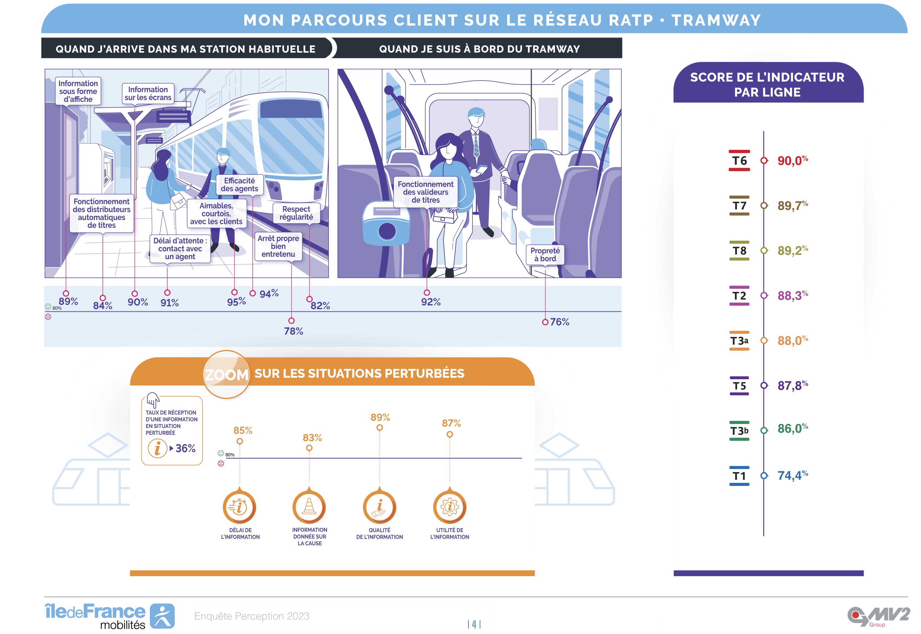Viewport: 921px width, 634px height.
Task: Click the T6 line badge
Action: [739, 161]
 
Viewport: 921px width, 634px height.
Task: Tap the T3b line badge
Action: [739, 431]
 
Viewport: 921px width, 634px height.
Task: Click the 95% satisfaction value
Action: [236, 302]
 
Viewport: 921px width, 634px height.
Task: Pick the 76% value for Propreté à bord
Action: [559, 322]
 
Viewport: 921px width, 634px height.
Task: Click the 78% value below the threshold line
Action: [293, 331]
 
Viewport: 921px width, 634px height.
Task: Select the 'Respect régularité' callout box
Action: [296, 213]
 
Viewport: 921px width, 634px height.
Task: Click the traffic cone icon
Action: [309, 507]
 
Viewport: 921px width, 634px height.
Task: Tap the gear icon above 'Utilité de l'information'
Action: [449, 507]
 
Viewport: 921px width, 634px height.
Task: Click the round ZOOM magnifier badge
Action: [227, 374]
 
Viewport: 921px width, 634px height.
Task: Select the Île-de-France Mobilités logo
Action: [110, 616]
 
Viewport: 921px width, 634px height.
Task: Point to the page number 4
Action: [474, 624]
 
